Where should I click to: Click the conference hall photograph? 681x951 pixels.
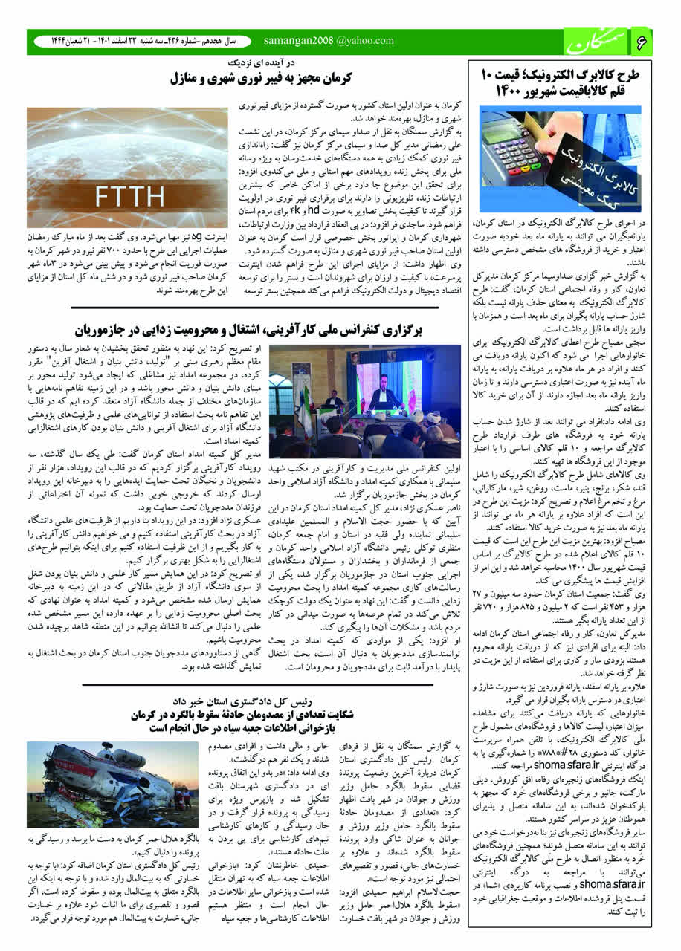tap(364, 401)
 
